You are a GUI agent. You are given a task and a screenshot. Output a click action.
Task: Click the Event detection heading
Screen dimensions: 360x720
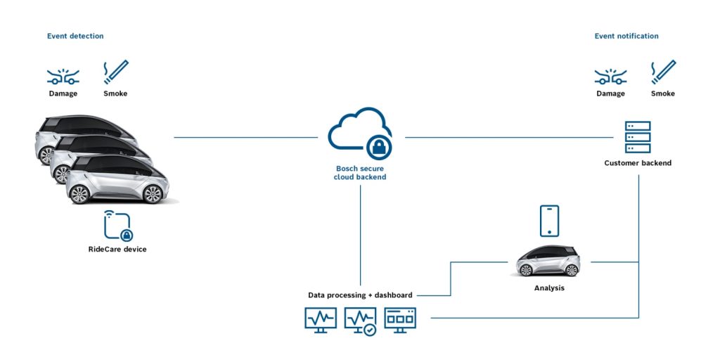pos(75,36)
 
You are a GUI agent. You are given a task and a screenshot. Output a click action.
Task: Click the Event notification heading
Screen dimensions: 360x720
pos(626,36)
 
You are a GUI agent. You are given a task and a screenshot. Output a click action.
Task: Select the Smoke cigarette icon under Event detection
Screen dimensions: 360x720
pos(116,72)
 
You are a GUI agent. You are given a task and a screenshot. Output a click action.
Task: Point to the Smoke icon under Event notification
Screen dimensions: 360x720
pos(663,72)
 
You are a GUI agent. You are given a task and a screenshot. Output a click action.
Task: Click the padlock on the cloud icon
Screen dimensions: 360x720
pos(378,146)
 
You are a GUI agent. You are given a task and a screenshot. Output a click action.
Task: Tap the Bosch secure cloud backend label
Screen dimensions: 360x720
pos(359,173)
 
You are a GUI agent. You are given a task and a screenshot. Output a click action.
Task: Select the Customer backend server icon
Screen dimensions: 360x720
pos(638,137)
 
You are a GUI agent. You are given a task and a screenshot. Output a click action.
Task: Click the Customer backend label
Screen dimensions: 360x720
pos(638,163)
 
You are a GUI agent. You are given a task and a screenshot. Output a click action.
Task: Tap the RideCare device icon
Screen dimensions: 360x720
pos(117,226)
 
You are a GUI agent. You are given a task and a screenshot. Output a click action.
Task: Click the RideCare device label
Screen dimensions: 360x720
pos(117,249)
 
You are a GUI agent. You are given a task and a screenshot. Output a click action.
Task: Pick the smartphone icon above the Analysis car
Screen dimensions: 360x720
pos(549,221)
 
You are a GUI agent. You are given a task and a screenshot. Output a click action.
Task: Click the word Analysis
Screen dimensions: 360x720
pos(549,288)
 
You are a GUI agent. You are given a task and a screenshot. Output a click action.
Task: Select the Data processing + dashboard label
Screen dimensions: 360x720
pos(360,295)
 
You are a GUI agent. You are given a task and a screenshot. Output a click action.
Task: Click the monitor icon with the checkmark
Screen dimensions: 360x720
pos(360,320)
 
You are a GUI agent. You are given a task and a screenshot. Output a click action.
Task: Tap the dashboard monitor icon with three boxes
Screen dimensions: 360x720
pos(400,319)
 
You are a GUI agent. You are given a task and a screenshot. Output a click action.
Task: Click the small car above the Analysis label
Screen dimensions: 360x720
pos(548,261)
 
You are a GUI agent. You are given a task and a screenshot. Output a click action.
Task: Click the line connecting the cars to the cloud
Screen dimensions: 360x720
pos(246,137)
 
